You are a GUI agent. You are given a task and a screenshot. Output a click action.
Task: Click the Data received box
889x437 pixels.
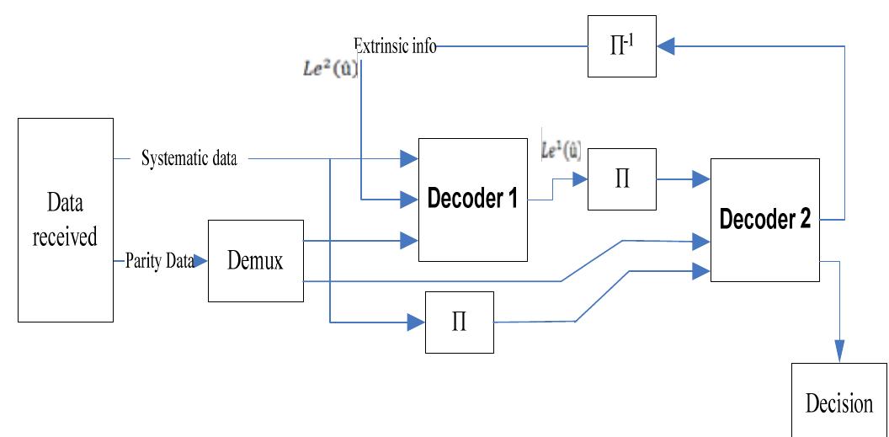(x=65, y=220)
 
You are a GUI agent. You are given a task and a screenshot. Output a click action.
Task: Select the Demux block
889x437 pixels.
(x=255, y=261)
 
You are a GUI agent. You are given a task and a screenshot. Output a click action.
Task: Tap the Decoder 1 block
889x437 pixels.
(x=472, y=200)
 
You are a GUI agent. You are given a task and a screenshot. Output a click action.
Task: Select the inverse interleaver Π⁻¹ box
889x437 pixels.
(x=622, y=48)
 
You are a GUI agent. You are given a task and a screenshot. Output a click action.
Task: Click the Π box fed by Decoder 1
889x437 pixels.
(x=622, y=179)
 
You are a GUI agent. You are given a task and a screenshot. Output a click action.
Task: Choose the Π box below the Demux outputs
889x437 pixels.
(x=460, y=322)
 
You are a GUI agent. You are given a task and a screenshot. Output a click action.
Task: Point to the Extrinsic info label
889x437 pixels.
(x=395, y=46)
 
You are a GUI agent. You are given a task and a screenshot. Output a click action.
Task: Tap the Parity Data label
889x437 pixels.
(x=158, y=261)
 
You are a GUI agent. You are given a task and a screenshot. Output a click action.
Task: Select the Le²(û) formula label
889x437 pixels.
(x=331, y=70)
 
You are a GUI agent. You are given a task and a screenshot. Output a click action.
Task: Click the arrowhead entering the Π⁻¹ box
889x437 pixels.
(x=666, y=48)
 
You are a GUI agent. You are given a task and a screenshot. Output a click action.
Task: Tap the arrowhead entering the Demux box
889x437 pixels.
(x=200, y=262)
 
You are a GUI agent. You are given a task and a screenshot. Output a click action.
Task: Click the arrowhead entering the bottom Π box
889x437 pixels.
(x=416, y=322)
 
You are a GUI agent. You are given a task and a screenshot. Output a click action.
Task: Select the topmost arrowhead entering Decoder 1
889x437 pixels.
(x=409, y=158)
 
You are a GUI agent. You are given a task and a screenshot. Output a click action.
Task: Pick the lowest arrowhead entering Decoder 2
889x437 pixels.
(x=700, y=270)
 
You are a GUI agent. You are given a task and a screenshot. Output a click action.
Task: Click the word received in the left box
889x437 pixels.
(x=65, y=237)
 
